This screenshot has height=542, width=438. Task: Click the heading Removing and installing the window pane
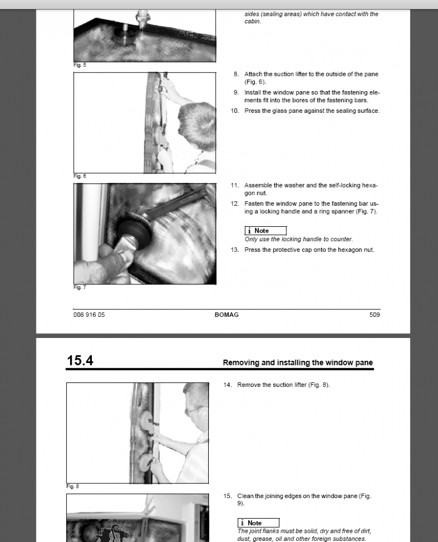[x=298, y=362]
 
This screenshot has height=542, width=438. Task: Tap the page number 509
[x=374, y=315]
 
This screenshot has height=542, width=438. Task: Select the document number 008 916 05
[x=89, y=315]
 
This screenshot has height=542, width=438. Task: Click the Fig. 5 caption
[x=80, y=65]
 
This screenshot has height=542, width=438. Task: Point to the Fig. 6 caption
[x=80, y=176]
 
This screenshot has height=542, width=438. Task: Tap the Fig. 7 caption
[x=80, y=287]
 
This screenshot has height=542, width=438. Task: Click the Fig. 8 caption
[x=72, y=486]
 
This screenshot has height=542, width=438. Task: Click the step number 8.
[x=236, y=74]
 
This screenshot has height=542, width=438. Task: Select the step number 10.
[x=234, y=111]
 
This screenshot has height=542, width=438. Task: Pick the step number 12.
[x=234, y=203]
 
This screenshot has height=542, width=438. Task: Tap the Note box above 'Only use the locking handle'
[x=265, y=231]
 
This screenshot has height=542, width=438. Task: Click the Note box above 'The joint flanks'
[x=258, y=523]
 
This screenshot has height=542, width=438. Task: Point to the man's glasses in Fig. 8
[x=194, y=410]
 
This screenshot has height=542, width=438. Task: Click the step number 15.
[x=228, y=496]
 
